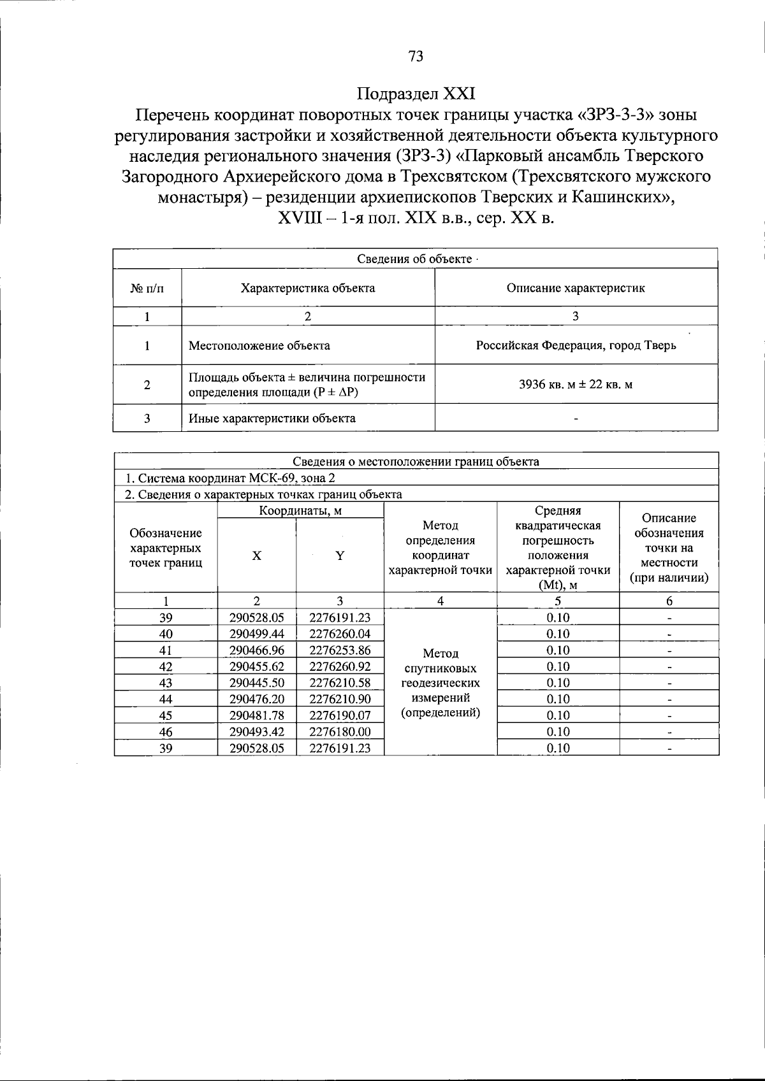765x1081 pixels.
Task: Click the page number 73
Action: click(x=415, y=57)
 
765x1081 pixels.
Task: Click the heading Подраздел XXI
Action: click(x=416, y=94)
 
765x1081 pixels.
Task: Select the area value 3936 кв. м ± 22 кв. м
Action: click(x=576, y=385)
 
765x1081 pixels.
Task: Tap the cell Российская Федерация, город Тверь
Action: click(x=576, y=346)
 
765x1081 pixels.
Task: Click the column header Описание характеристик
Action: click(x=576, y=288)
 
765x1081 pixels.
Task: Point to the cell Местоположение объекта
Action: click(x=259, y=346)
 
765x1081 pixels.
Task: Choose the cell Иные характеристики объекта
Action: click(x=272, y=419)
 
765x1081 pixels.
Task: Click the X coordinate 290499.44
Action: click(x=256, y=634)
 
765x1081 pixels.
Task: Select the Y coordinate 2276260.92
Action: click(x=340, y=666)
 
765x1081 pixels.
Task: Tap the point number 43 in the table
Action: click(x=166, y=683)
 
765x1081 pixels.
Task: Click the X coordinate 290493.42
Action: click(x=256, y=732)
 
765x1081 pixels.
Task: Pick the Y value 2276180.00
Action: click(x=340, y=732)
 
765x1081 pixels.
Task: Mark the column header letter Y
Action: click(x=340, y=555)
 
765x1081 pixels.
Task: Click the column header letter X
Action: click(x=256, y=555)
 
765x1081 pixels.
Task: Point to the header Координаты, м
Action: click(x=300, y=511)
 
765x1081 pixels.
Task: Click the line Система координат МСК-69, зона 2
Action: click(x=229, y=478)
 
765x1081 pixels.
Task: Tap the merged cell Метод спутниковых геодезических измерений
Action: click(x=440, y=683)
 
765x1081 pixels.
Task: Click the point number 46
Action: click(x=166, y=732)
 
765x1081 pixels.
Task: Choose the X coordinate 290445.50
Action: click(x=256, y=683)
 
